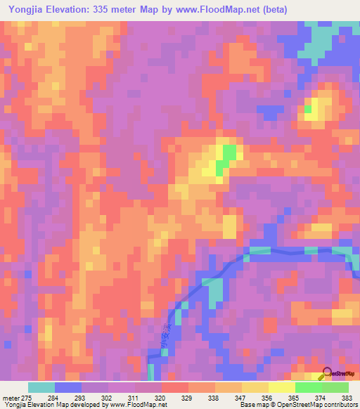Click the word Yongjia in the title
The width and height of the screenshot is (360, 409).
click(27, 9)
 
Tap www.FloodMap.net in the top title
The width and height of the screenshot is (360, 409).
click(239, 9)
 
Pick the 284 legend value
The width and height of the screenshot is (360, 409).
click(67, 397)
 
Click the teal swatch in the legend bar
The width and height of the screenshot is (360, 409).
click(41, 387)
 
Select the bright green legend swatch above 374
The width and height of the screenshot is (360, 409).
click(308, 387)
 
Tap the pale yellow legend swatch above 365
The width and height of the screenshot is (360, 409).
click(281, 387)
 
